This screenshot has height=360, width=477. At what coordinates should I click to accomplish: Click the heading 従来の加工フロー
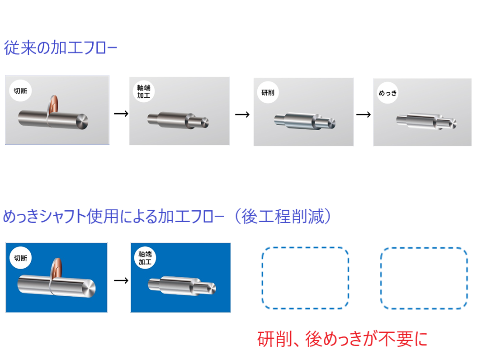tap(60, 48)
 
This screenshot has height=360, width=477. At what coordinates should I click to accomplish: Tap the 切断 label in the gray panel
tap(20, 91)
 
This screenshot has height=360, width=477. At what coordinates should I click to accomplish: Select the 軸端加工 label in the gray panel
tap(144, 91)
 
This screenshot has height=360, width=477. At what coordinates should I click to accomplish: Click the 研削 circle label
tap(268, 93)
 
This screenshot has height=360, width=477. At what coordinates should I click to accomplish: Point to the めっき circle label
tap(387, 93)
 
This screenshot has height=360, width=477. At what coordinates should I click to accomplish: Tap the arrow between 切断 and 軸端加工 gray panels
tap(121, 114)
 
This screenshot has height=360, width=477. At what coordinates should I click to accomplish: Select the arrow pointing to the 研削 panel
tap(242, 114)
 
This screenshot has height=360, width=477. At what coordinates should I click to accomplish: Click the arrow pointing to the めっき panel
tap(363, 114)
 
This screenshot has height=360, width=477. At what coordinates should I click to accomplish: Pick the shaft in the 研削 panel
tap(305, 121)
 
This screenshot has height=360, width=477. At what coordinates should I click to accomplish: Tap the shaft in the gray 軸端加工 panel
tap(178, 120)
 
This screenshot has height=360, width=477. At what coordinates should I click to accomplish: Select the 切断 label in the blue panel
tap(20, 258)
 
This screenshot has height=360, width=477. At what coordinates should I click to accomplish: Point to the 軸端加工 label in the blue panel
tap(145, 258)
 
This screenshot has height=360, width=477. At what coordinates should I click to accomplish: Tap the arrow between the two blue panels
tap(121, 280)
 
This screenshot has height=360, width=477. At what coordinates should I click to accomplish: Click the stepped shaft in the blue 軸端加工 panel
tap(182, 286)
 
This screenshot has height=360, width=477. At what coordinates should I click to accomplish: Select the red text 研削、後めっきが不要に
tap(343, 339)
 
